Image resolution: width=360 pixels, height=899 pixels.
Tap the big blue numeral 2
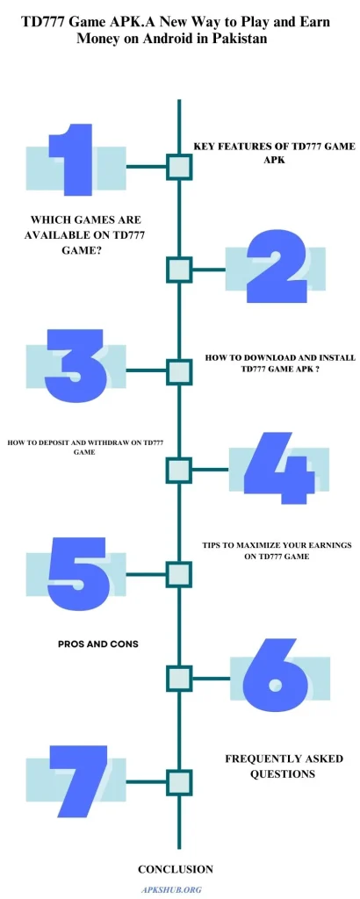275,267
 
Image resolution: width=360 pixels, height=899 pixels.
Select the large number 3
76,365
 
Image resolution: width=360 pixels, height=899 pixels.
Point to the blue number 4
280,468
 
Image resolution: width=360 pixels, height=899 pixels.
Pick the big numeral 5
76,572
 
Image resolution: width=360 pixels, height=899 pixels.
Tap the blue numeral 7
78,780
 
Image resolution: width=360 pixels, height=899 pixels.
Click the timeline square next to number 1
179,167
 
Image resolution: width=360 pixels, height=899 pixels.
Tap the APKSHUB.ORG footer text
171,890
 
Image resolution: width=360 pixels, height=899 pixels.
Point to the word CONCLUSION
176,869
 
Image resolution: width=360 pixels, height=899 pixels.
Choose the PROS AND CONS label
98,644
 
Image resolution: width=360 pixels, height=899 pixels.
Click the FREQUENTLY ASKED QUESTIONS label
284,766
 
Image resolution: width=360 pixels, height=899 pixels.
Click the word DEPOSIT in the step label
53,442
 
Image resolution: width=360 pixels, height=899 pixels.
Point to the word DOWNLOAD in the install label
260,358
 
